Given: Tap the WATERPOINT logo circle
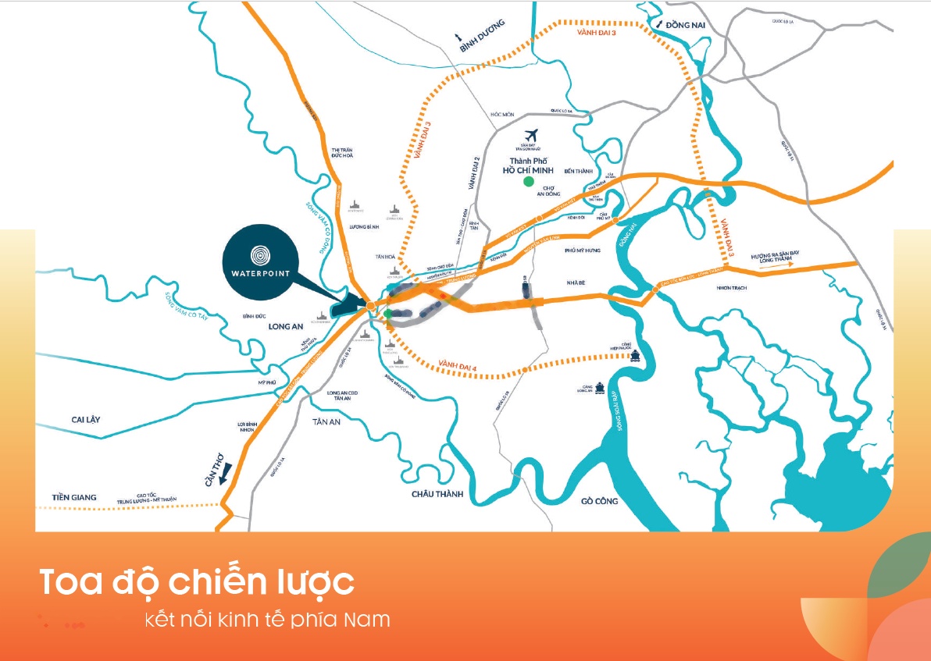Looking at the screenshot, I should [x=259, y=255].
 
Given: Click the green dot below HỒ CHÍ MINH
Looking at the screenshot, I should [x=529, y=182].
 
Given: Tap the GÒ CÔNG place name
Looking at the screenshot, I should [x=600, y=501].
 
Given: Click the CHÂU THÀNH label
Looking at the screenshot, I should [x=437, y=494].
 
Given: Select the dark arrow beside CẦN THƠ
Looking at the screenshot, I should [x=222, y=478].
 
